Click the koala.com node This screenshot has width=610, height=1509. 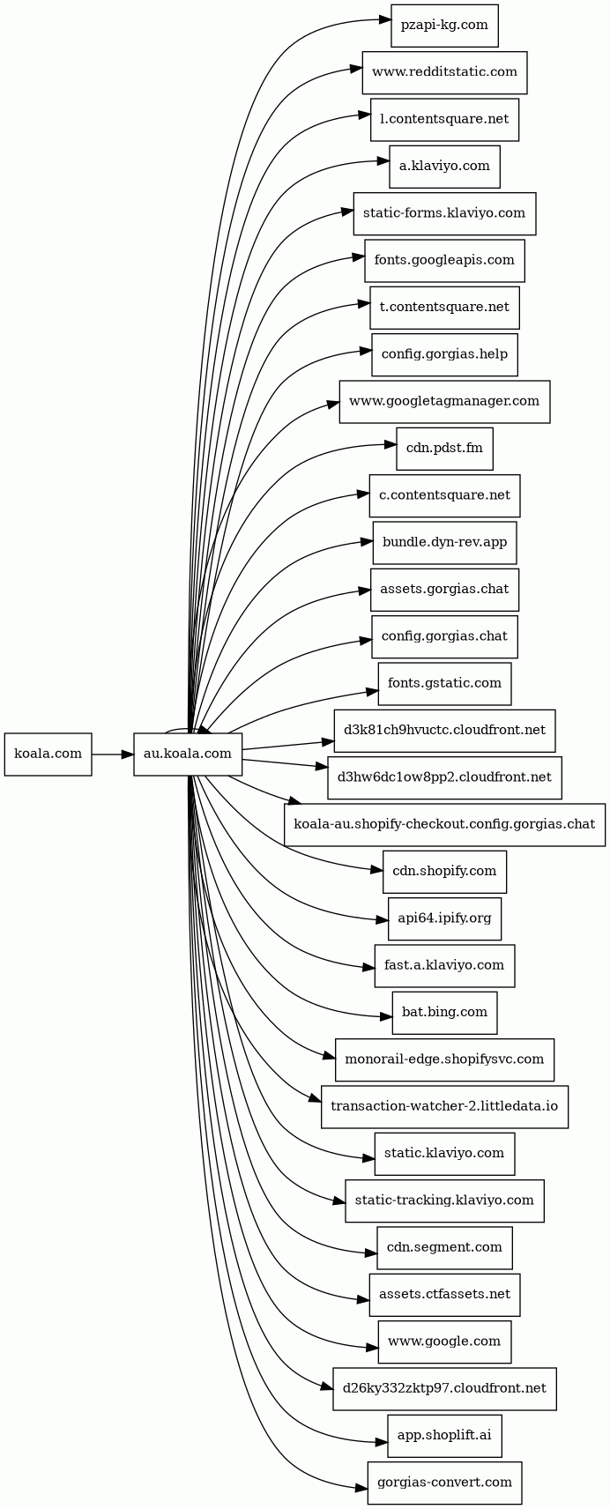click(48, 754)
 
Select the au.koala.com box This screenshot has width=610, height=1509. click(188, 754)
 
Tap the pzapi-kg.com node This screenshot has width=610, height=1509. click(445, 26)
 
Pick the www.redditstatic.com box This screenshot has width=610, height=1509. click(445, 73)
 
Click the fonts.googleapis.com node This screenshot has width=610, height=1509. click(445, 261)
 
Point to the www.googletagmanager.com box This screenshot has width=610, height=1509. click(445, 402)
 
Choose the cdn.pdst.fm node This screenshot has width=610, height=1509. click(445, 449)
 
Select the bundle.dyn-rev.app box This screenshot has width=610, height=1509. click(445, 542)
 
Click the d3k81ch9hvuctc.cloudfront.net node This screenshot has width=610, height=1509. click(445, 730)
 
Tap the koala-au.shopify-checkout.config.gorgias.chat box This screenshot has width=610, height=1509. click(445, 824)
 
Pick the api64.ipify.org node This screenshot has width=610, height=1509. click(445, 918)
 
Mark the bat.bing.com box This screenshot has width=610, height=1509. click(445, 1013)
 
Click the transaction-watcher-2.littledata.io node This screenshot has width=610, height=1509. click(445, 1106)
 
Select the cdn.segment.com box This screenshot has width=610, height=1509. click(445, 1247)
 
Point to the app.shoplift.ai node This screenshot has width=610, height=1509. click(445, 1436)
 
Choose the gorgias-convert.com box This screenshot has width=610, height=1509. click(445, 1483)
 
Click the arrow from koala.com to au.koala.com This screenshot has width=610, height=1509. click(113, 754)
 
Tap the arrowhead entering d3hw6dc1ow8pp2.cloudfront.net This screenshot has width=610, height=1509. click(322, 767)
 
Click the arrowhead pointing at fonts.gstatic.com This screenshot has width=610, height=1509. click(371, 691)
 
